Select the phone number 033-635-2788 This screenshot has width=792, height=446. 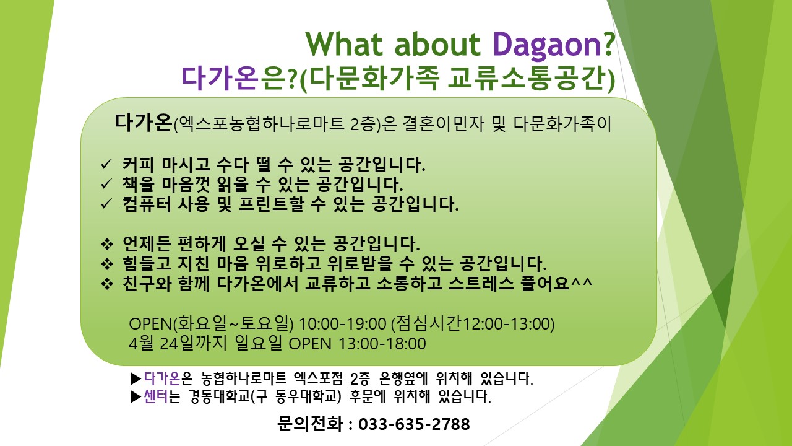coord(414,424)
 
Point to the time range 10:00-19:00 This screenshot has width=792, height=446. coord(343,323)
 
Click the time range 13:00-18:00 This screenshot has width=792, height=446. coord(382,344)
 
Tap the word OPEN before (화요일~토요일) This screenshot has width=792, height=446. coord(150,323)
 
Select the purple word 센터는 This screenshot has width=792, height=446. coord(162,396)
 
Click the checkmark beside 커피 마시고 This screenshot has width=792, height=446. coord(106,164)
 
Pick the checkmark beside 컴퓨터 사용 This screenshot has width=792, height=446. coord(106,204)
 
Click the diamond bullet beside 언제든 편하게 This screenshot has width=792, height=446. coord(107,244)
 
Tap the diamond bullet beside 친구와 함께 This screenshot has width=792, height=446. coord(107,284)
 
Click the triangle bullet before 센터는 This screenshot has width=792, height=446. coord(136,397)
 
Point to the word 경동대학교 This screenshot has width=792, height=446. coord(219,396)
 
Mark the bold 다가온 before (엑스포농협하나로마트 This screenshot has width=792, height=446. coord(143,123)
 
